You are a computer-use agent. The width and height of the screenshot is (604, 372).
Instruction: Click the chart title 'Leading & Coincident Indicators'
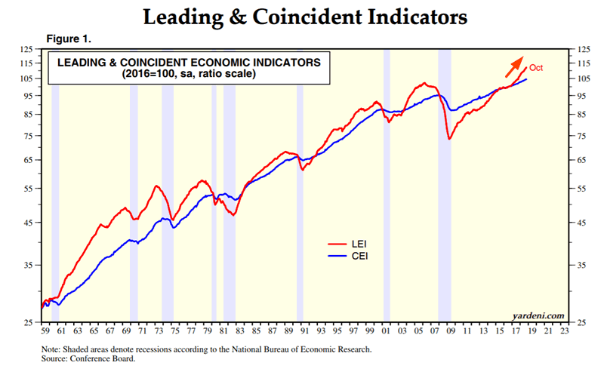[301, 15]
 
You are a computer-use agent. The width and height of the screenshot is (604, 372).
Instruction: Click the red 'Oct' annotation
[536, 68]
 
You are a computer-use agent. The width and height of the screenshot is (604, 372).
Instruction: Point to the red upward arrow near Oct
[516, 65]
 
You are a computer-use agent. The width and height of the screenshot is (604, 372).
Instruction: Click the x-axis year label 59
[45, 330]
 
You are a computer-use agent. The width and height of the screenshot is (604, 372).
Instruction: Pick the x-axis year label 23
[562, 330]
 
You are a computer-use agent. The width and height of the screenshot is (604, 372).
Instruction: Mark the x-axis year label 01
[387, 330]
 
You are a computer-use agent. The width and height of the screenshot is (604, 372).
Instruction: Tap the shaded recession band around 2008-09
[445, 181]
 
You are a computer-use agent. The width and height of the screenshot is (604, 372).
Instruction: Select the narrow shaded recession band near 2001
[387, 181]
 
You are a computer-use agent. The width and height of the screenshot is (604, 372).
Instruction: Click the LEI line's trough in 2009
[449, 139]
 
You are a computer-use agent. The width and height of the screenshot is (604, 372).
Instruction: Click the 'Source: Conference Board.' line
[89, 359]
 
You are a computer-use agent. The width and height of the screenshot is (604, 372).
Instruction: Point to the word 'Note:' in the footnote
[53, 350]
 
